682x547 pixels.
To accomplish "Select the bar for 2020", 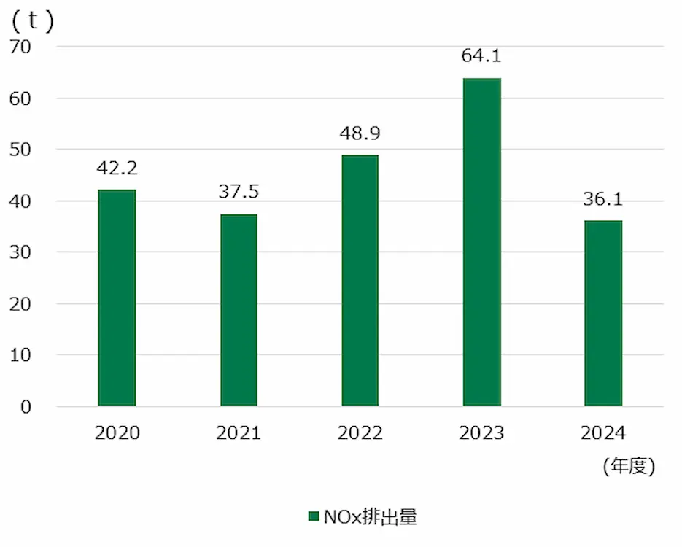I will [117, 298].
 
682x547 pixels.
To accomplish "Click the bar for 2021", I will [239, 310].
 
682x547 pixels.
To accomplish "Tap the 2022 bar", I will [360, 281].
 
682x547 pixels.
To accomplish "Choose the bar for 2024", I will [603, 314].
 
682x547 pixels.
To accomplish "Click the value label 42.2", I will [117, 168].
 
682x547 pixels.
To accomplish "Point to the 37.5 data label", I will [239, 193].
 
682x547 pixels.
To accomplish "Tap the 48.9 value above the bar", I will [360, 133].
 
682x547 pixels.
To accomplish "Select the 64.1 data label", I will [481, 56].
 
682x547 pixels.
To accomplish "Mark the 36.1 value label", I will [603, 199].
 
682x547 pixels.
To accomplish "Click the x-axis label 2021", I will [239, 433].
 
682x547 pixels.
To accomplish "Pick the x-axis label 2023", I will [481, 433].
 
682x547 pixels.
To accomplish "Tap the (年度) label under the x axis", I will [629, 466].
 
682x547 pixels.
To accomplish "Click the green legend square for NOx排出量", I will [313, 517].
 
